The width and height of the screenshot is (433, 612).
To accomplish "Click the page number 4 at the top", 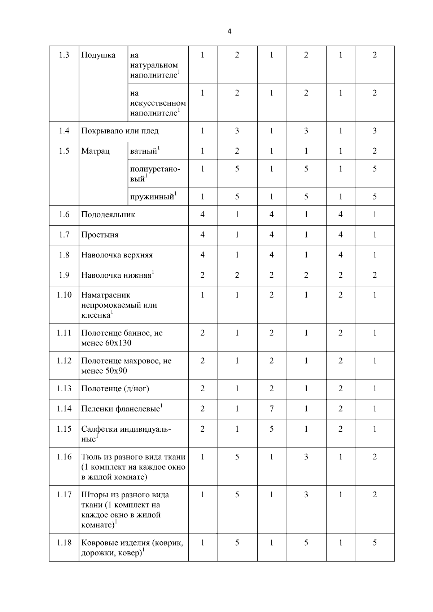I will pos(229,31).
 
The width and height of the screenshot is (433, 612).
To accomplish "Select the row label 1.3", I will pos(64,55).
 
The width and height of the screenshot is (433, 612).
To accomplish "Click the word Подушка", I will pos(98,55).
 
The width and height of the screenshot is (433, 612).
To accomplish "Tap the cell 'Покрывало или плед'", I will pos(120,131).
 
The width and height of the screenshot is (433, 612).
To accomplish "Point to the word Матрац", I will pos(95,151).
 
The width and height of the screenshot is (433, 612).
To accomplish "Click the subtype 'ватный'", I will pos(143,151).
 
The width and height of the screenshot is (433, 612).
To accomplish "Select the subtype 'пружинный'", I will pos(152,197).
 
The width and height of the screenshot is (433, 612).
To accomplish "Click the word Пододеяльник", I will pos(108,215).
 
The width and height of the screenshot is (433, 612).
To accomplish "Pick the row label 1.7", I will pos(64,235).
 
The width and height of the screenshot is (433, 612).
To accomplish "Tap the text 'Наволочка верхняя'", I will pos(117,255).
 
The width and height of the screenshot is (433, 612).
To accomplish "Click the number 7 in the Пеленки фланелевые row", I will pos(271,409).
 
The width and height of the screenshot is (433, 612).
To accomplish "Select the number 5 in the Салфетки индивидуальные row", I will pos(271,429).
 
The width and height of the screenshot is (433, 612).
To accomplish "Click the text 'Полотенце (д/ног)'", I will pos(115,389).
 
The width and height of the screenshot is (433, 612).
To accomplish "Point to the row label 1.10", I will pos(64,295).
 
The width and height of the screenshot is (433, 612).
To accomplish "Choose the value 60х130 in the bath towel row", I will pos(118,343).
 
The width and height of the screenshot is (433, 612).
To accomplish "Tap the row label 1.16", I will pos(64,457).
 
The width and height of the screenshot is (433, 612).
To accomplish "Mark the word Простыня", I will pos(100,235).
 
